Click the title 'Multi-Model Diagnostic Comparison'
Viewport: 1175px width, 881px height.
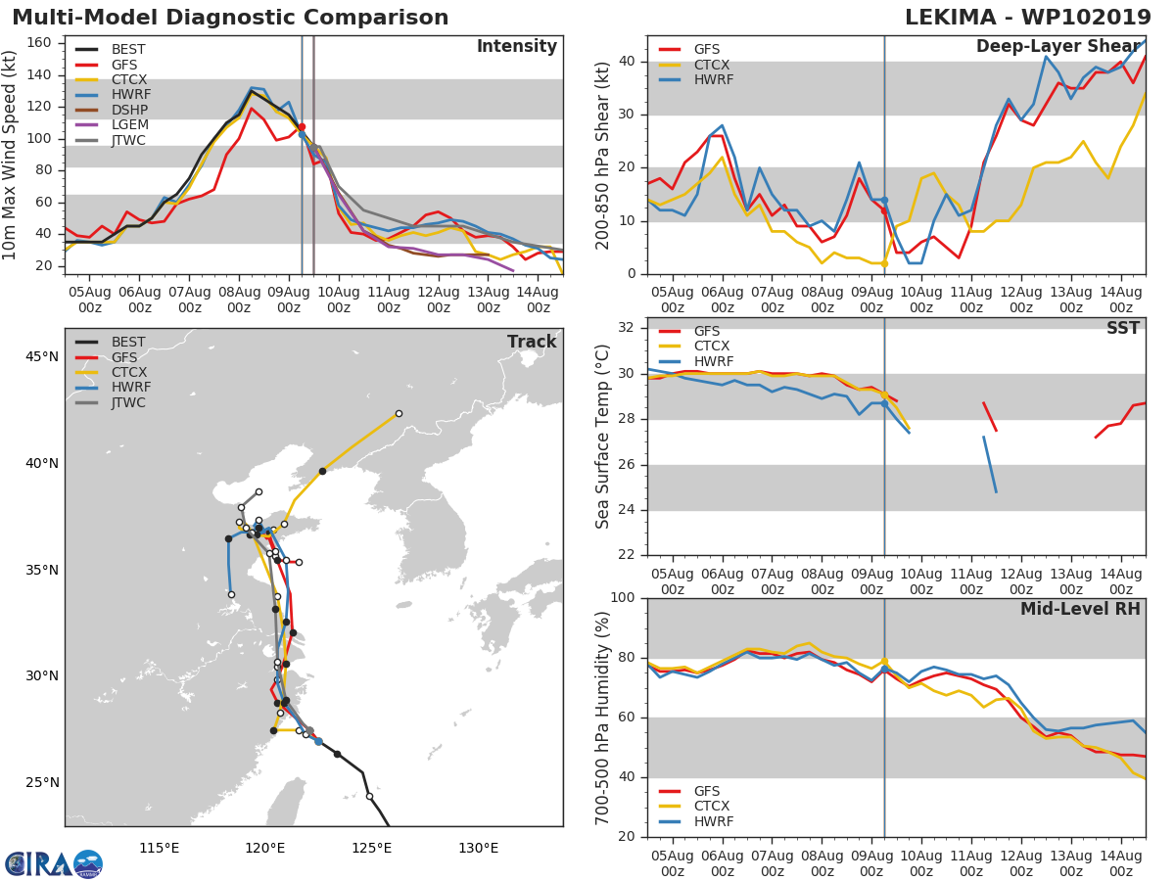(x=230, y=18)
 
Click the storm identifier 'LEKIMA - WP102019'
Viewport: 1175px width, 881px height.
(x=1027, y=18)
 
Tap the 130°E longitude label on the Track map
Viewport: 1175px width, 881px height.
(x=478, y=848)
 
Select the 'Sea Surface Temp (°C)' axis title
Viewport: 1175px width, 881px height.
(x=603, y=437)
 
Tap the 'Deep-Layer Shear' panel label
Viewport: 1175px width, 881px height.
(x=1057, y=47)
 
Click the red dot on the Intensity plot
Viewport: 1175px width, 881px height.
(x=302, y=126)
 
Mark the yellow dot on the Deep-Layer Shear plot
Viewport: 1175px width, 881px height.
(x=884, y=263)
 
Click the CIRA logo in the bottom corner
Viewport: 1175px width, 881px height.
(x=54, y=863)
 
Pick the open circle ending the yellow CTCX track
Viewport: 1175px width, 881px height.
(x=399, y=413)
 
